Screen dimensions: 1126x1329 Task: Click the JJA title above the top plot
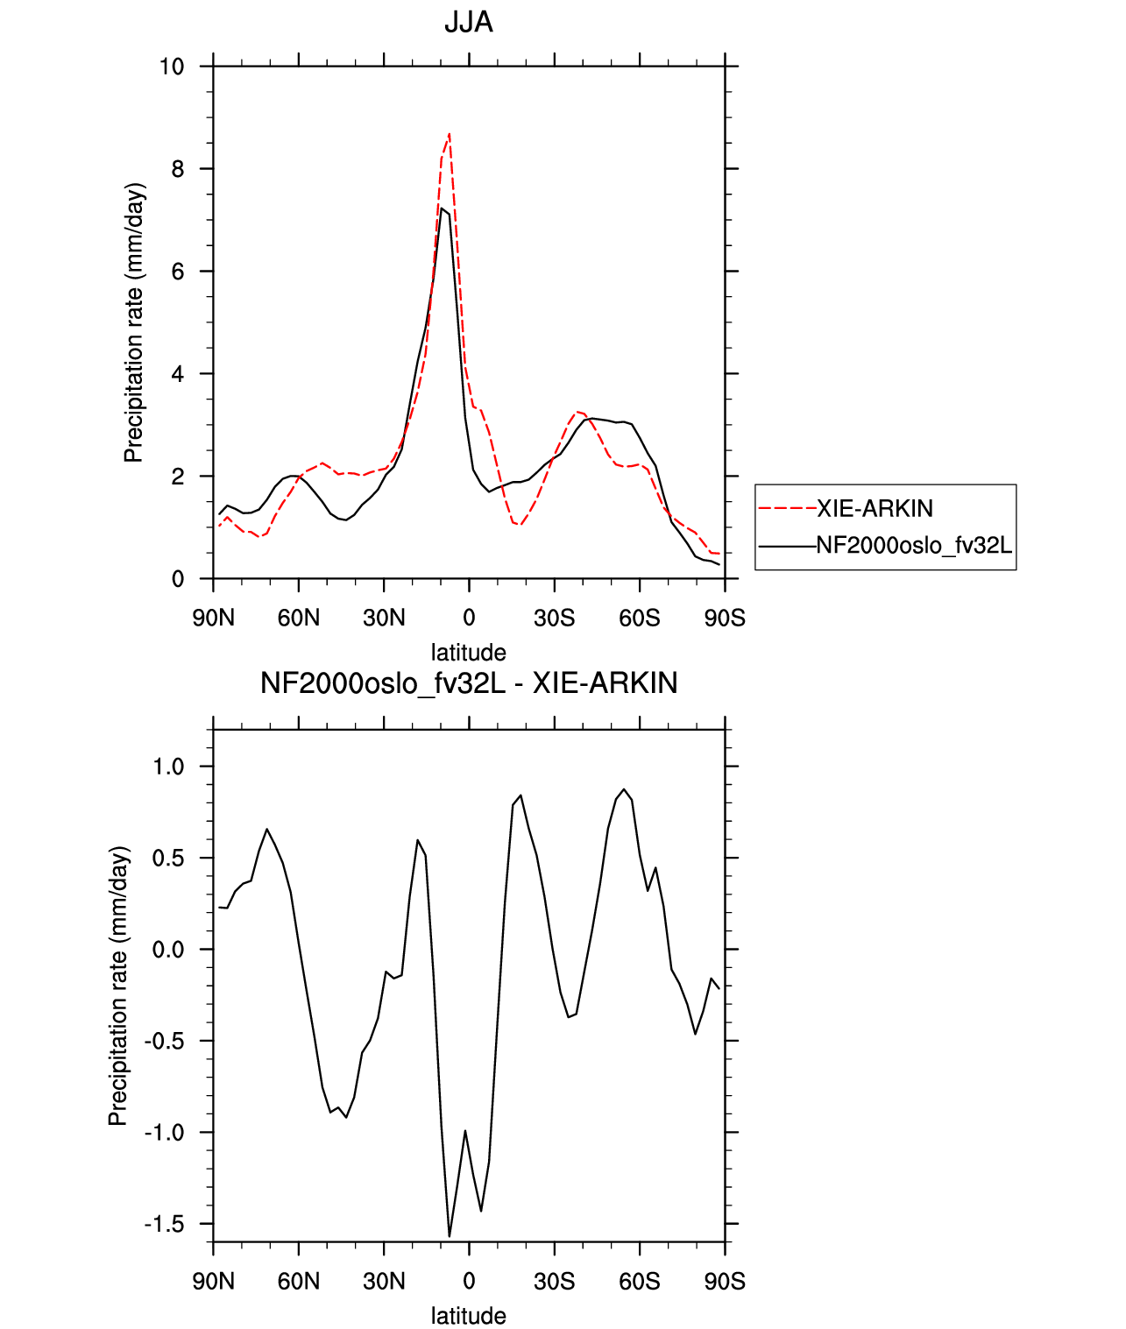pyautogui.click(x=468, y=23)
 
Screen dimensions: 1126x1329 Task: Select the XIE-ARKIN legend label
pyautogui.click(x=875, y=509)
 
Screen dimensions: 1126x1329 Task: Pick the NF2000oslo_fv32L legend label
pyautogui.click(x=914, y=545)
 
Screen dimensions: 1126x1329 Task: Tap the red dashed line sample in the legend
pyautogui.click(x=787, y=509)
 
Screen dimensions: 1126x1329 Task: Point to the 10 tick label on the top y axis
pyautogui.click(x=172, y=67)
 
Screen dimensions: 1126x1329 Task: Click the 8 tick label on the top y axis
pyautogui.click(x=178, y=169)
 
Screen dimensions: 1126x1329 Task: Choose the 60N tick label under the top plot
pyautogui.click(x=299, y=618)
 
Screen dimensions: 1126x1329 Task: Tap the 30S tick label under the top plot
pyautogui.click(x=554, y=618)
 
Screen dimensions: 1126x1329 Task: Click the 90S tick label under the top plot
pyautogui.click(x=725, y=618)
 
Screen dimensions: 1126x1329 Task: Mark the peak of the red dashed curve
pyautogui.click(x=449, y=134)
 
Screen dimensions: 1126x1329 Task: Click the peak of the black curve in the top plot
pyautogui.click(x=442, y=209)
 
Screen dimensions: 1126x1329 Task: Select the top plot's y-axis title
pyautogui.click(x=134, y=323)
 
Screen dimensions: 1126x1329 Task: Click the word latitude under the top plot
pyautogui.click(x=468, y=653)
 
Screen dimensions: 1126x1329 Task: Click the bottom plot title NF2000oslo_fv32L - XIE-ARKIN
pyautogui.click(x=469, y=682)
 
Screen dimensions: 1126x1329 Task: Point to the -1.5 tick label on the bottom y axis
pyautogui.click(x=164, y=1224)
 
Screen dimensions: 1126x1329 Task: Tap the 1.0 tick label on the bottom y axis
pyautogui.click(x=168, y=767)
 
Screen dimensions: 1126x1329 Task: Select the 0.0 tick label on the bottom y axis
pyautogui.click(x=168, y=950)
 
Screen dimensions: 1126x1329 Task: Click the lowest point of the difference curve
pyautogui.click(x=449, y=1236)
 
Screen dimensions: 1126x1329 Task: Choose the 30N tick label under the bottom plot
pyautogui.click(x=384, y=1282)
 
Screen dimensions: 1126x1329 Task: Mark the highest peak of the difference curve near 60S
pyautogui.click(x=624, y=789)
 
